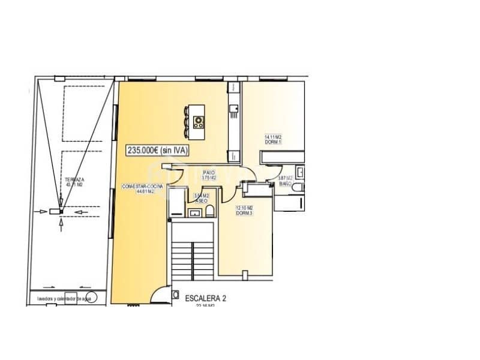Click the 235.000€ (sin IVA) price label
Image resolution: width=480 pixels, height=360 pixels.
tap(157, 151)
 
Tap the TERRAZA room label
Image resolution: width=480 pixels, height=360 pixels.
tap(74, 179)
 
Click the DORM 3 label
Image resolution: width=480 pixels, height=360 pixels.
tap(243, 213)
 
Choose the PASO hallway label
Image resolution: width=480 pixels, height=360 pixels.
tap(209, 172)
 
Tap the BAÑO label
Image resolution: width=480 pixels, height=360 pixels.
tap(285, 184)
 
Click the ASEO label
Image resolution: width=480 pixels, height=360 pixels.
tap(202, 201)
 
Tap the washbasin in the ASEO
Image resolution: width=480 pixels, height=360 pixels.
tap(194, 212)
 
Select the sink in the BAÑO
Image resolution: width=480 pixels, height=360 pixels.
tap(301, 172)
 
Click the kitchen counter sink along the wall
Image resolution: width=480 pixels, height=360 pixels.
tap(235, 108)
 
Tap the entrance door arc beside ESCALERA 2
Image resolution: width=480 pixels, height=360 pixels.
tap(161, 295)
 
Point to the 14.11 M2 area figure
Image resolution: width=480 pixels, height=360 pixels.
tap(274, 137)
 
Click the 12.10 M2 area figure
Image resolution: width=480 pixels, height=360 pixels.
tap(243, 208)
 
